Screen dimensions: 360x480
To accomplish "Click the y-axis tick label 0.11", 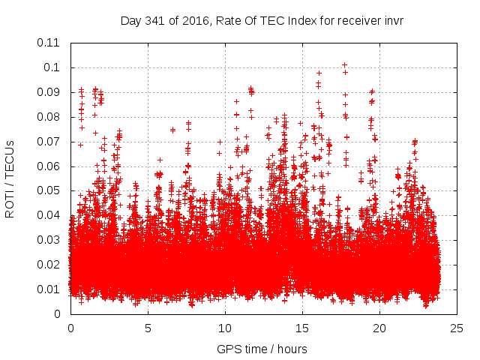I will [x=49, y=43].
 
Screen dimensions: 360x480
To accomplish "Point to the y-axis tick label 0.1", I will [x=52, y=67].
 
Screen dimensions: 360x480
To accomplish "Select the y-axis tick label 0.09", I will [x=49, y=92].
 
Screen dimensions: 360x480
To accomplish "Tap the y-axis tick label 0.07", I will [x=49, y=142].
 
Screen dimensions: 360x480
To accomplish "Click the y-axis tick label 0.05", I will [x=49, y=190].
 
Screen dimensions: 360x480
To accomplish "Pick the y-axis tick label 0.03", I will [x=49, y=240].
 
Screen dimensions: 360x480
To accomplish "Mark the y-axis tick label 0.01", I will [x=49, y=289].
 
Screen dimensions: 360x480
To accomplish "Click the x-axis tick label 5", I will [x=148, y=328].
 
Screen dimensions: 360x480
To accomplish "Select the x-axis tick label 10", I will [x=225, y=328].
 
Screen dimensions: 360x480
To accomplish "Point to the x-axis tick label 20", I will [x=379, y=328].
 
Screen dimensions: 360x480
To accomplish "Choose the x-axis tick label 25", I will [x=457, y=328].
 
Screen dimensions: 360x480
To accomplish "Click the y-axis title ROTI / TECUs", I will [x=10, y=178].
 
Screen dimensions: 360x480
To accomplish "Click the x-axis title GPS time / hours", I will [x=263, y=349].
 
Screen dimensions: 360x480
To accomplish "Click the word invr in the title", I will [x=393, y=20].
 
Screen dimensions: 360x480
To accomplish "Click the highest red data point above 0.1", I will [x=344, y=65].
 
